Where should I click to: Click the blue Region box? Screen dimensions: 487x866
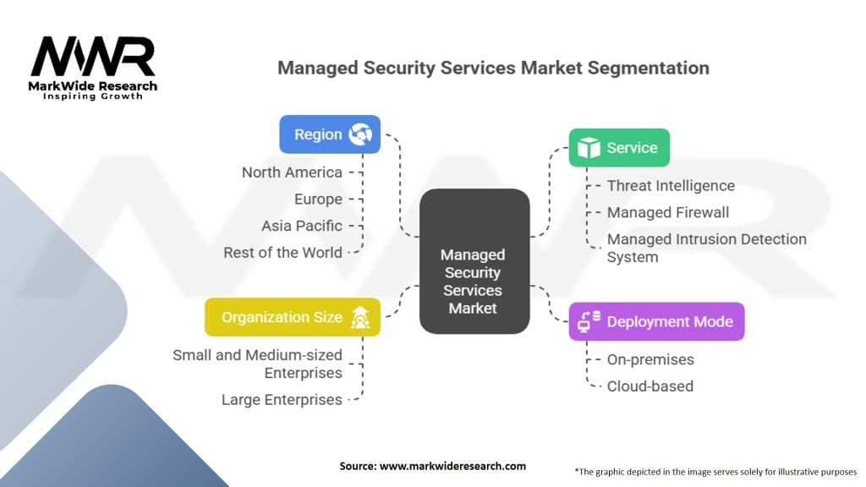point(330,134)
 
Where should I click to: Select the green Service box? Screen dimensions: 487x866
point(619,148)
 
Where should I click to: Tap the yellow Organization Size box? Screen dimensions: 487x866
point(293,317)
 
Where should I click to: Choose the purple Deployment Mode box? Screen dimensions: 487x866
point(656,321)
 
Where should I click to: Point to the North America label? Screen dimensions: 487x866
point(292,172)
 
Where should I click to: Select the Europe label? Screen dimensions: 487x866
point(318,200)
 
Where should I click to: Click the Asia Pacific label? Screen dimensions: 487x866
point(302,226)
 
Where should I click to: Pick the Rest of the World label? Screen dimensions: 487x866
point(282,252)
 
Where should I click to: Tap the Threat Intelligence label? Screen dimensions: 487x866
point(671,186)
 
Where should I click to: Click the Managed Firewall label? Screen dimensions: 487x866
point(667,212)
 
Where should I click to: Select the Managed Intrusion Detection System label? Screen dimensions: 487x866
point(706,248)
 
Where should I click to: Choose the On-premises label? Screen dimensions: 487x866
point(650,359)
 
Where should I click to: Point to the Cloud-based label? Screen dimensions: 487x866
point(649,386)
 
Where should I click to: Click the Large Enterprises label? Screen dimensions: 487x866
point(282,399)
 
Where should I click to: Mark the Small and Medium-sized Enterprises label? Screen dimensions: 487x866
point(257,364)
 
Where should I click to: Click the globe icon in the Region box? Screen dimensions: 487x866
point(360,134)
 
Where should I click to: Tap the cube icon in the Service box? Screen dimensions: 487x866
point(588,148)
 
